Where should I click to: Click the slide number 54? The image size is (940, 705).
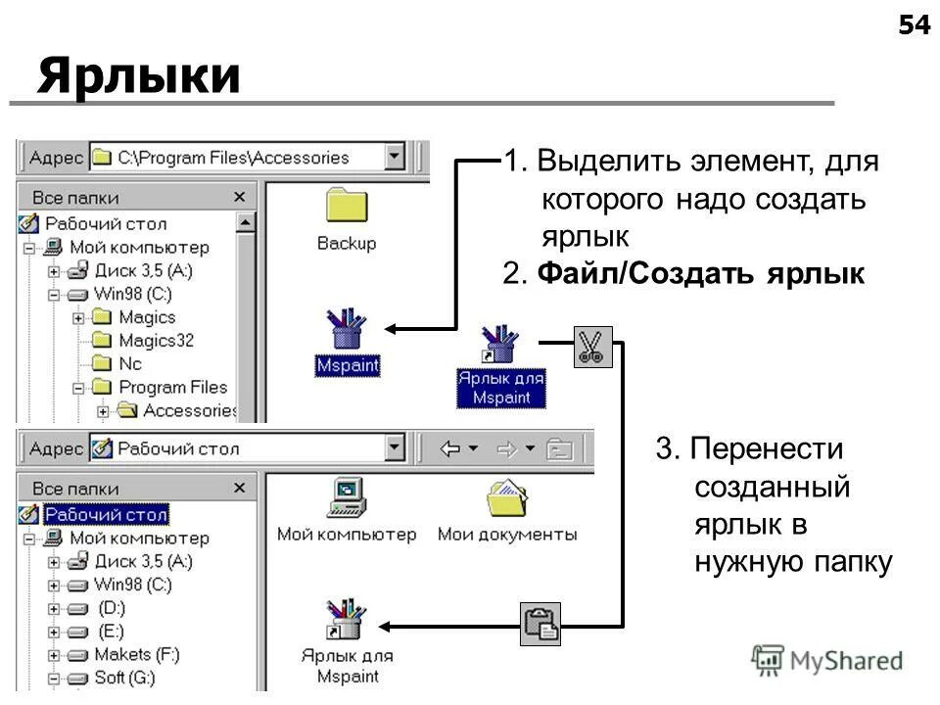click(914, 25)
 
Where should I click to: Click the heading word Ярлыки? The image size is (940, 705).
click(139, 75)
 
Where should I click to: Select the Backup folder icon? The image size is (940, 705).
click(346, 207)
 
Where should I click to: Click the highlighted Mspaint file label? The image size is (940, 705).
click(347, 365)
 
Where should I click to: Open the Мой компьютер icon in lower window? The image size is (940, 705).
click(346, 498)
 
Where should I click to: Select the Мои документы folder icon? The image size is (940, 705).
click(507, 498)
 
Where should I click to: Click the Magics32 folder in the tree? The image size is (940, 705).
click(155, 341)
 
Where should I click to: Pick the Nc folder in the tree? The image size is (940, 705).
click(130, 363)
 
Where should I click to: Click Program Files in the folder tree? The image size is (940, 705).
click(172, 387)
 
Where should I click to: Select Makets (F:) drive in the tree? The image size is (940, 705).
click(136, 654)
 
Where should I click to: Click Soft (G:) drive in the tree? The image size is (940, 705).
click(124, 678)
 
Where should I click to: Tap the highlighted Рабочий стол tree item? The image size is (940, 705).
click(106, 514)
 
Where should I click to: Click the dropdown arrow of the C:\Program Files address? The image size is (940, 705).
click(394, 157)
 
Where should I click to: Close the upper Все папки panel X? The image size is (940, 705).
click(239, 197)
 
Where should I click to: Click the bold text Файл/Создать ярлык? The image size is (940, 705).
click(700, 274)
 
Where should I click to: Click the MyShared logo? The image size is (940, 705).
click(827, 660)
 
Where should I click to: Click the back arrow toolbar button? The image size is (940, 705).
click(451, 449)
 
